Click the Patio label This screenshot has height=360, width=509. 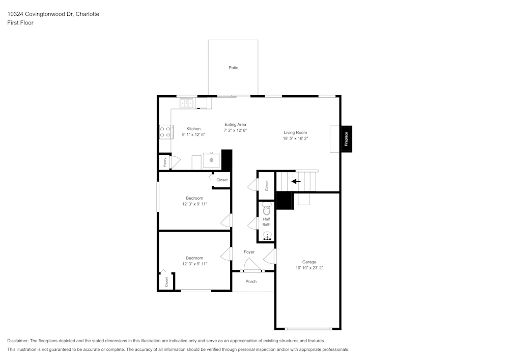click(233, 68)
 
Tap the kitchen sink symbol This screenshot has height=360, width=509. click(187, 103)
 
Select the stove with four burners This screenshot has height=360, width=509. click(165, 132)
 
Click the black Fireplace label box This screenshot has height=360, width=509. click(346, 140)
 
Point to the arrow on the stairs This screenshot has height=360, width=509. click(296, 181)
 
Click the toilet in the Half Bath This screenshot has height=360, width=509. click(267, 208)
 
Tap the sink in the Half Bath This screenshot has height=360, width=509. click(267, 236)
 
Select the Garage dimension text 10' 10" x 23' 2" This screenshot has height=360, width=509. click(309, 268)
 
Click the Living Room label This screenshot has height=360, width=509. click(295, 132)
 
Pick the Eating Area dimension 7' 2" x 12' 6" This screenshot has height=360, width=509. click(235, 130)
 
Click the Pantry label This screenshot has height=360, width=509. click(164, 162)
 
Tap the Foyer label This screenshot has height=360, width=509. click(249, 252)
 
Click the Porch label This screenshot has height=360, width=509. click(251, 281)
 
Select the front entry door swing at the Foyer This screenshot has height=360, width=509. click(251, 265)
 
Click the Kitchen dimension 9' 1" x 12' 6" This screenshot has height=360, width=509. click(193, 135)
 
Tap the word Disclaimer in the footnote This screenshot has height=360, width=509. click(18, 341)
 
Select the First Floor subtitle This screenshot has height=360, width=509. click(20, 23)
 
